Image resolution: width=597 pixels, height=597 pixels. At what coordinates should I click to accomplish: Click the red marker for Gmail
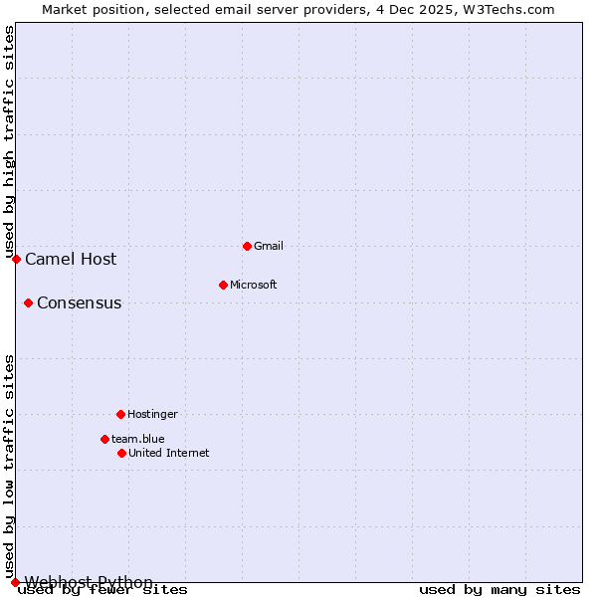pos(247,246)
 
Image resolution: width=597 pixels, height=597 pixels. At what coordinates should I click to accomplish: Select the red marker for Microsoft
pos(223,285)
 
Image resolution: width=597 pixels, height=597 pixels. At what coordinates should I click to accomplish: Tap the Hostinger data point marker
pos(120,414)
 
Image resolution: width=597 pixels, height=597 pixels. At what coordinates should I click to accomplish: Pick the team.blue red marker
pos(104,439)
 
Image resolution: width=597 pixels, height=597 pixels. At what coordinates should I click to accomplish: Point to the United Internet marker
pos(121,453)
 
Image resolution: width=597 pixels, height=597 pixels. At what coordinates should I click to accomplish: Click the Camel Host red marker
pos(16,259)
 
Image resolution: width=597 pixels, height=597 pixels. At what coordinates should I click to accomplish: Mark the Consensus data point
pos(28,302)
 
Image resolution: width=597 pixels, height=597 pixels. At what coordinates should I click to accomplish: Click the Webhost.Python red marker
pos(15,582)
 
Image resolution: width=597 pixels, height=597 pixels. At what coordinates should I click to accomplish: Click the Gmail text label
pos(269,246)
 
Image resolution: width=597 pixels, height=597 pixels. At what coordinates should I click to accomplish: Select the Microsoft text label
pos(253,285)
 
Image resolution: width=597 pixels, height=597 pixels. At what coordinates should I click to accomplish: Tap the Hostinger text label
pos(152,414)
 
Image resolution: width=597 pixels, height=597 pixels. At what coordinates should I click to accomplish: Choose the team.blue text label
pos(137,439)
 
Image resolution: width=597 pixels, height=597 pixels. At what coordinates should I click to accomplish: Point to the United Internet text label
pos(168,453)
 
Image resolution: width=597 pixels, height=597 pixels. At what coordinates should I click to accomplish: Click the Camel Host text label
pos(71,259)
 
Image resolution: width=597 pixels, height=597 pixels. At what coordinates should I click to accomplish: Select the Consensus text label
pos(79,302)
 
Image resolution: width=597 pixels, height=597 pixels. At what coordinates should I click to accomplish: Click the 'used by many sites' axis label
pos(499,590)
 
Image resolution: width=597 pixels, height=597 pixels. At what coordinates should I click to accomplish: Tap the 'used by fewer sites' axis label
pos(103,590)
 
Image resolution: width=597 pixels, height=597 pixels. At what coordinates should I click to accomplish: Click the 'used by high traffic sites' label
pos(9,141)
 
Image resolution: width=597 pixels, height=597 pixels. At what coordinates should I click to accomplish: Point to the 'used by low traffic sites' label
pos(9,466)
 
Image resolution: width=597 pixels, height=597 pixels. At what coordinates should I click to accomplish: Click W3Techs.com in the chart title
pos(506,9)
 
